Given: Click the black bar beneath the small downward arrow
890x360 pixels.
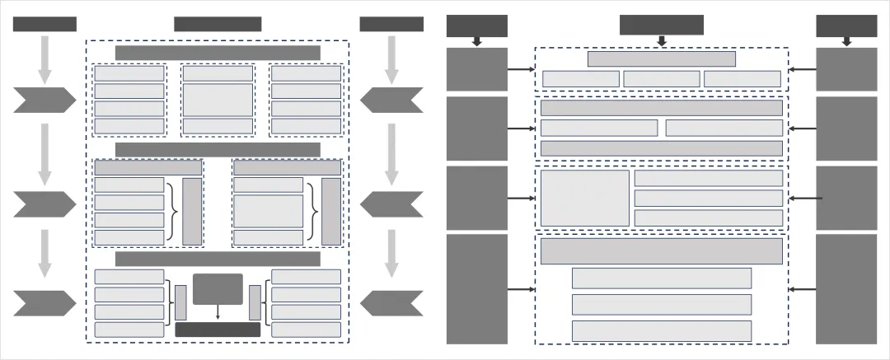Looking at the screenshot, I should pyautogui.click(x=218, y=330).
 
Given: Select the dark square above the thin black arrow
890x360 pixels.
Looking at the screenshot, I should pyautogui.click(x=218, y=289).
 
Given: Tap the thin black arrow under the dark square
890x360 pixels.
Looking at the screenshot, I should pyautogui.click(x=218, y=312).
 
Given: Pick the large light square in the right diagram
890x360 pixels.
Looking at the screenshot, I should pyautogui.click(x=585, y=198).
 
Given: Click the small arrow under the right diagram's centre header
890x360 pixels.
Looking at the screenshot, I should pyautogui.click(x=662, y=40).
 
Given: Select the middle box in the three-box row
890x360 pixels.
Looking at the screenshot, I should pyautogui.click(x=662, y=78).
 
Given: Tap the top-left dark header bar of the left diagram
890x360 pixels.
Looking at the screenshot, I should pyautogui.click(x=44, y=24).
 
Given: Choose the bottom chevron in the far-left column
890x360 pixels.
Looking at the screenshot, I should pyautogui.click(x=44, y=303).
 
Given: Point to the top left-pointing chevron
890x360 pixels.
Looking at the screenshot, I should pyautogui.click(x=391, y=100).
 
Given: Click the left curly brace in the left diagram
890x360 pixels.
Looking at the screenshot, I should pyautogui.click(x=172, y=211).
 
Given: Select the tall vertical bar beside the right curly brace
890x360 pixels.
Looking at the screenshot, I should pyautogui.click(x=331, y=211).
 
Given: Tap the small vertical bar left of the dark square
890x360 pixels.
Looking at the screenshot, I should pyautogui.click(x=180, y=302).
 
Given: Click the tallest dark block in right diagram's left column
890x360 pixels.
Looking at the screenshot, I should pyautogui.click(x=477, y=288).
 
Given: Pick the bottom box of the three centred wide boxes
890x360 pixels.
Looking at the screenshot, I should pyautogui.click(x=662, y=330).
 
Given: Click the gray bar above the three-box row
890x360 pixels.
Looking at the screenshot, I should pyautogui.click(x=662, y=58).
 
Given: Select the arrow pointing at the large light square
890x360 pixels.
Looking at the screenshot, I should pyautogui.click(x=520, y=198).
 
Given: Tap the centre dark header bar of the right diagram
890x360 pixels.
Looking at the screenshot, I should pyautogui.click(x=662, y=25).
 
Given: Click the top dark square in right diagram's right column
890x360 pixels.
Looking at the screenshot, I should pyautogui.click(x=846, y=69).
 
